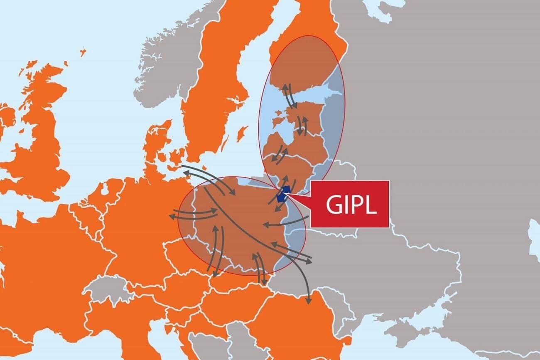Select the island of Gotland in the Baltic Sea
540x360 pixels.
point(240,134)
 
